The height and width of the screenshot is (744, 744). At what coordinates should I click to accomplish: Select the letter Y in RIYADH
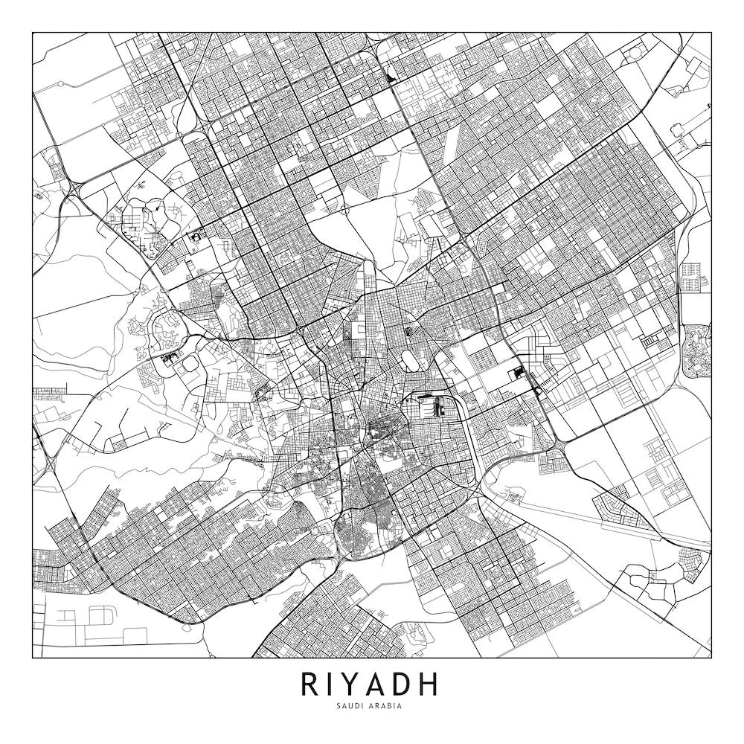(353, 684)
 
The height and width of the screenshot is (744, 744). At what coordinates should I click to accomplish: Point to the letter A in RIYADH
(380, 684)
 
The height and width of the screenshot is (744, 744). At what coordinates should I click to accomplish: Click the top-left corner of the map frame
(33, 32)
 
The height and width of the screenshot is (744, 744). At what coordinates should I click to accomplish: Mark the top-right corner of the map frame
(711, 32)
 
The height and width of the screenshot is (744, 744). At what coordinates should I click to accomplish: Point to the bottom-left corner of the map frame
(33, 658)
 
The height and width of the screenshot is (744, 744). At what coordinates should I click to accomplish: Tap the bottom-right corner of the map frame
(711, 658)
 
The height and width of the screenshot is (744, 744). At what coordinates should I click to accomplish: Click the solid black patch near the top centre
(391, 75)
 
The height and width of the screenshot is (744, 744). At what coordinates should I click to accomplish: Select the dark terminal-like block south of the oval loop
(429, 406)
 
